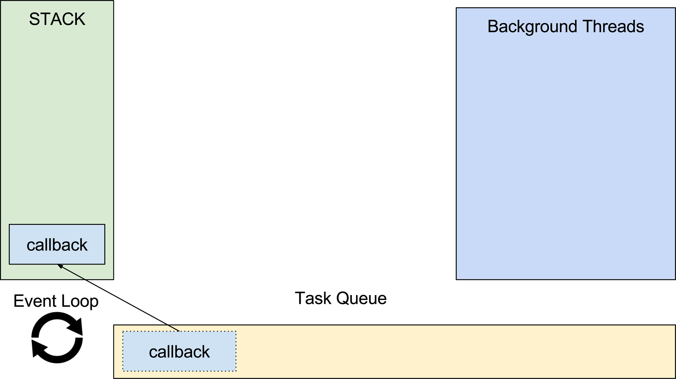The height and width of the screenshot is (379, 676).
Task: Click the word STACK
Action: [x=57, y=19]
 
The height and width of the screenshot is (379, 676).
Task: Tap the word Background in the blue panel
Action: [x=532, y=27]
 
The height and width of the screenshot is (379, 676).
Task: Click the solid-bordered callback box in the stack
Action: [x=57, y=244]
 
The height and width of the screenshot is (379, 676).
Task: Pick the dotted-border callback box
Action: [x=179, y=351]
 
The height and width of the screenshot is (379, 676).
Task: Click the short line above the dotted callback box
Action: [x=174, y=328]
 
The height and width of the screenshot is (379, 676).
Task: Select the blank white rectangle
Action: [x=327, y=105]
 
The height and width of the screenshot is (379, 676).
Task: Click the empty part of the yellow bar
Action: [x=445, y=352]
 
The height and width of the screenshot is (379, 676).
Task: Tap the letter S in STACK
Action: [x=34, y=19]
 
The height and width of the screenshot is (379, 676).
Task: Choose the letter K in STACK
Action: [x=80, y=19]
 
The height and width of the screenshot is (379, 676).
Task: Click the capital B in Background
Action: [x=493, y=26]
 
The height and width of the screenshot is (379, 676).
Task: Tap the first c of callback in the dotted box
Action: [x=153, y=353]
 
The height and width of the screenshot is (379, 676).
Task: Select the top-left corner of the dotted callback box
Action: [x=123, y=332]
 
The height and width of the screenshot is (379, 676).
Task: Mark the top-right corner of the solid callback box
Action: [x=105, y=224]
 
